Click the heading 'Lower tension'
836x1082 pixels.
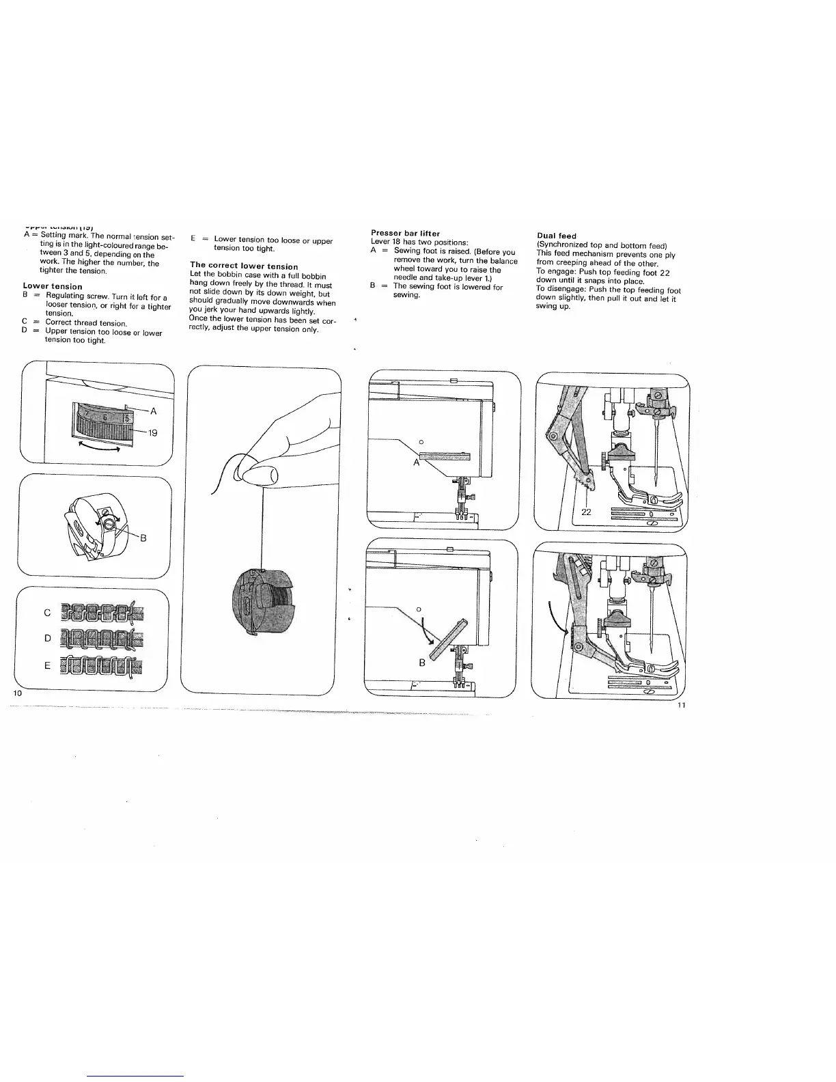(53, 286)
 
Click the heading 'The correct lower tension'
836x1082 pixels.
(244, 266)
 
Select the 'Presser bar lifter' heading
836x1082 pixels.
(405, 234)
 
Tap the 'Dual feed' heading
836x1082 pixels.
(557, 236)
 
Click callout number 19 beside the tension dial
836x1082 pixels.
(153, 432)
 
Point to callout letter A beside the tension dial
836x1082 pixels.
(153, 411)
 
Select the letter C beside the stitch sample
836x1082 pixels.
(47, 613)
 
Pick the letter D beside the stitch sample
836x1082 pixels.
(47, 638)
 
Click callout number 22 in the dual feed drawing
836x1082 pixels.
(586, 512)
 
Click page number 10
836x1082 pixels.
(18, 693)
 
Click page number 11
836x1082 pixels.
(681, 705)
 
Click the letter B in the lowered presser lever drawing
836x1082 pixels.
(422, 662)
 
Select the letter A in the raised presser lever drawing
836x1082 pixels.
(416, 462)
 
